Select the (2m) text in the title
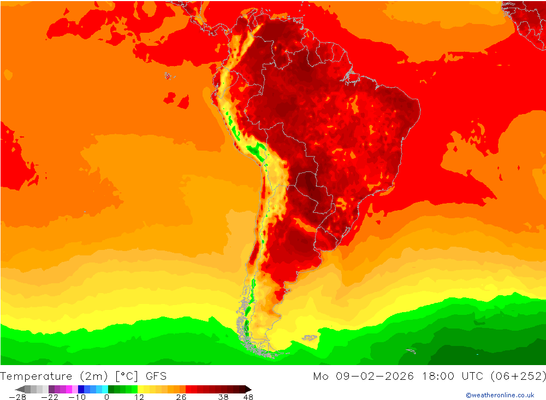93,376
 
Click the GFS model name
156,376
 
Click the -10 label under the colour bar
78,397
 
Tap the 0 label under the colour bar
106,397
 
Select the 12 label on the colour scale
139,397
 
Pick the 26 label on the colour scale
181,397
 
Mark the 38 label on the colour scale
223,397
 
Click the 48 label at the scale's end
248,397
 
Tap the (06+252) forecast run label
518,376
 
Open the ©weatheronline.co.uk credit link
500,395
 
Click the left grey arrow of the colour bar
20,389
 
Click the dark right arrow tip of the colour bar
248,389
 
